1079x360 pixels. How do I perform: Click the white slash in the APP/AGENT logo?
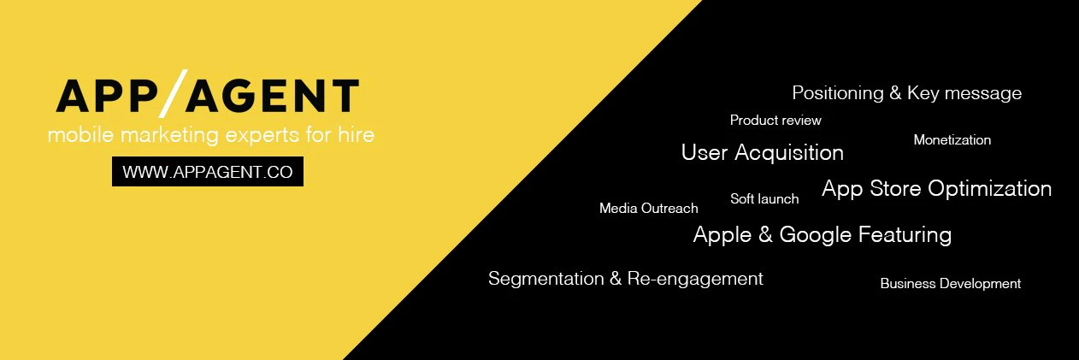coord(173,93)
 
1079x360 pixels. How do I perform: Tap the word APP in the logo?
coord(107,96)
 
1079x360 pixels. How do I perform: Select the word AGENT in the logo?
coord(273,96)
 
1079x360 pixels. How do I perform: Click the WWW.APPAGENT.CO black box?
coord(208,171)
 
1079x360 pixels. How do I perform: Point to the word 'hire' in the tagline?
coord(356,134)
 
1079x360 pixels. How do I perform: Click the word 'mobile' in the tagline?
coord(81,134)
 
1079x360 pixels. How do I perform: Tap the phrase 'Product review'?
coord(775,120)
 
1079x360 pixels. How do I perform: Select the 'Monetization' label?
coord(952,139)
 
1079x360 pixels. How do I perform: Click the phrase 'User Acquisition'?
coord(763,153)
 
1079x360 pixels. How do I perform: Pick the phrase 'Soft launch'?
coord(764,198)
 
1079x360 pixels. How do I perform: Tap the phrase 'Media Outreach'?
coord(648,208)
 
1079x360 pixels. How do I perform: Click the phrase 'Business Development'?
coord(951,283)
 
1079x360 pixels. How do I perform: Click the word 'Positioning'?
coord(838,93)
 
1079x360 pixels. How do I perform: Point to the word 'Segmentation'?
coord(546,279)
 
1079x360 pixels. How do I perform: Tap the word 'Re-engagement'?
coord(695,279)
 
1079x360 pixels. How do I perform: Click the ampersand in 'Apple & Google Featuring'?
coord(765,234)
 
